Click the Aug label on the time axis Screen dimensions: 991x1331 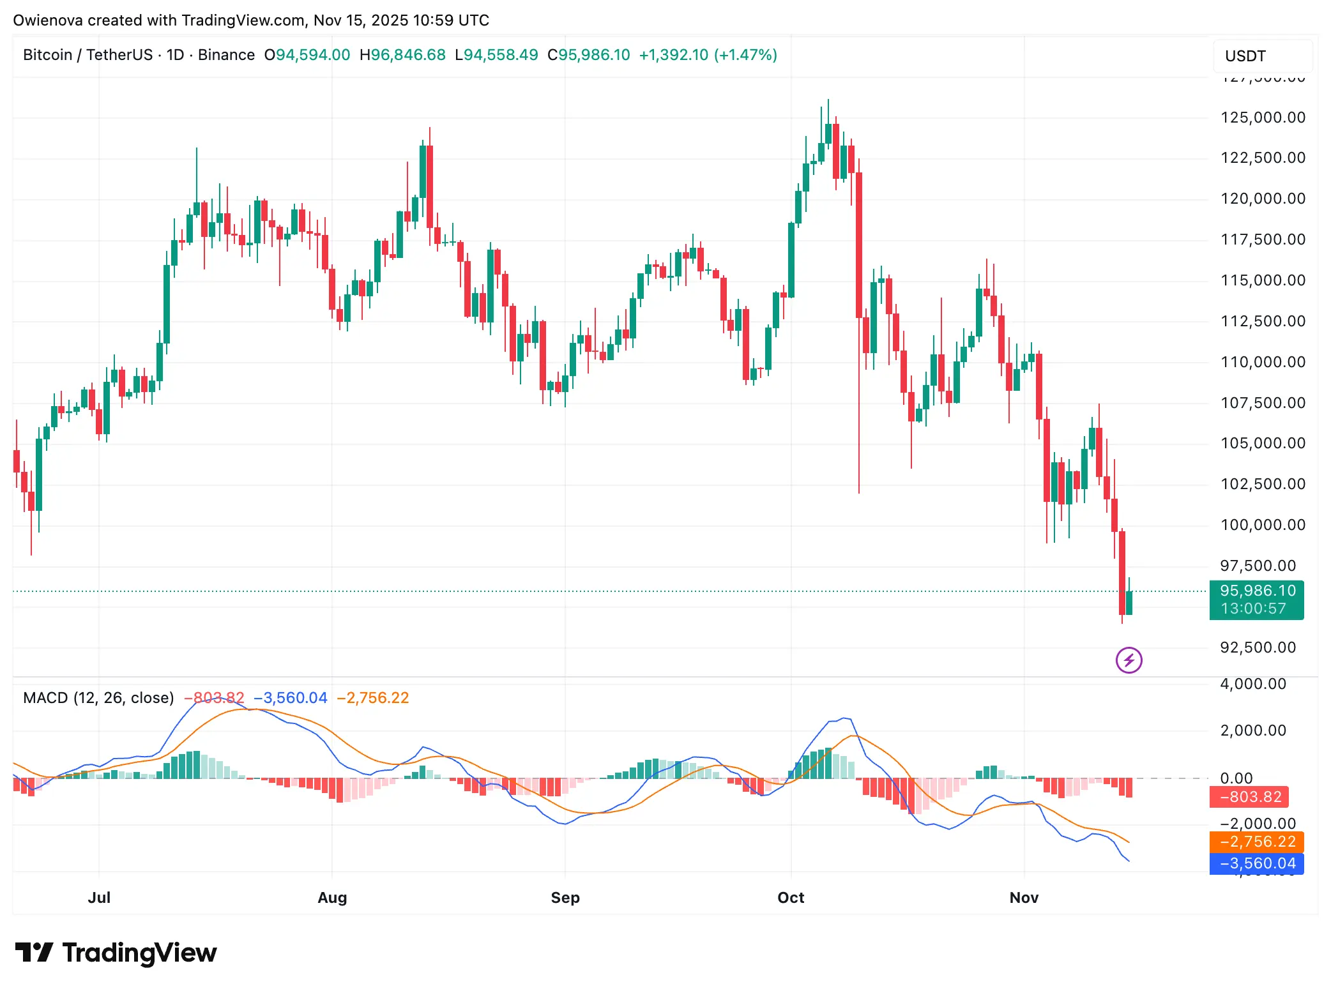tap(332, 897)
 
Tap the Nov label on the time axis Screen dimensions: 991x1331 tap(1024, 897)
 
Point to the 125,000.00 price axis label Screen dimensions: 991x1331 tap(1263, 117)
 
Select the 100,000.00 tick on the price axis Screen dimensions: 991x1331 tap(1263, 525)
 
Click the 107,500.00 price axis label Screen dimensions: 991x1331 tap(1263, 403)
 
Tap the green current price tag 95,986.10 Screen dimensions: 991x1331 tap(1257, 591)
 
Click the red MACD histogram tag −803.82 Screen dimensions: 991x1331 tap(1249, 797)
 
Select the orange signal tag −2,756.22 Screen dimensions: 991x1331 tap(1256, 842)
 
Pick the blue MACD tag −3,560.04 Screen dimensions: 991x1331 tap(1256, 863)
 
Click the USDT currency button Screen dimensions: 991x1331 tap(1245, 56)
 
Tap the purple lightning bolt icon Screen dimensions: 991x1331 tap(1129, 660)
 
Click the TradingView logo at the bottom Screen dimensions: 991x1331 tap(116, 953)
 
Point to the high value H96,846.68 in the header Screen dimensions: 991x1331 tap(402, 55)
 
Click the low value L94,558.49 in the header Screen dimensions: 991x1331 tap(496, 55)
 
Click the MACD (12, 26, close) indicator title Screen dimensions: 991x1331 tap(98, 698)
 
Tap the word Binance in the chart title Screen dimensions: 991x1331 tap(226, 55)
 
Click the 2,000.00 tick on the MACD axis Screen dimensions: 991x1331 tap(1253, 730)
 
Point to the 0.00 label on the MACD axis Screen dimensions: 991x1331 tap(1236, 778)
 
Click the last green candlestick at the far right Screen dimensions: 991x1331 tap(1129, 603)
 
